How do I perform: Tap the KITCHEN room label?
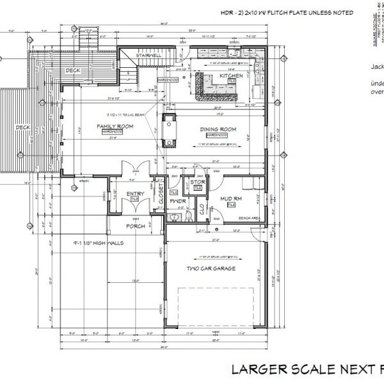(x=231, y=76)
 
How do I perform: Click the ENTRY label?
(x=135, y=193)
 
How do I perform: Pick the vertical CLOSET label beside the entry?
(x=161, y=193)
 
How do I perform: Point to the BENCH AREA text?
(x=249, y=218)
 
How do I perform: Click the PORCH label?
(x=135, y=226)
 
